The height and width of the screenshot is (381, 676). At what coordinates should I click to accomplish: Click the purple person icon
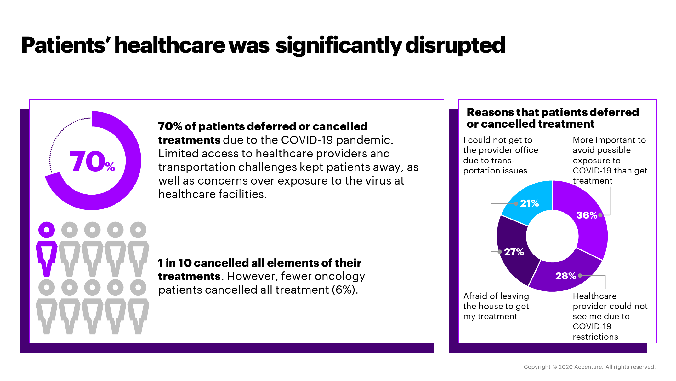[47, 249]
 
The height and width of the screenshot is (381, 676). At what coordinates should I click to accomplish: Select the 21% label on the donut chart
[529, 203]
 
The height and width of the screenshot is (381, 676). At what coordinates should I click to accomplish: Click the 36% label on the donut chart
[587, 215]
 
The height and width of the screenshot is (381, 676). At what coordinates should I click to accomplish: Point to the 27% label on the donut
[514, 252]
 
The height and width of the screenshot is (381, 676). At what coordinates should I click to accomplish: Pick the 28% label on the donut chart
[565, 276]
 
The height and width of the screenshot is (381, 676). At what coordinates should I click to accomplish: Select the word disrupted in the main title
[455, 45]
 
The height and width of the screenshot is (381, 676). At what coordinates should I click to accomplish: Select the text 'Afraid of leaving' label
[496, 296]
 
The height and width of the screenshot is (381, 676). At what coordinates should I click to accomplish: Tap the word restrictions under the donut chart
[595, 337]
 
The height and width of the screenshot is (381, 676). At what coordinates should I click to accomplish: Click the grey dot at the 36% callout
[600, 215]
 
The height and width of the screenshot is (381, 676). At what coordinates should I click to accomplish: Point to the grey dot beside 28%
[580, 275]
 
